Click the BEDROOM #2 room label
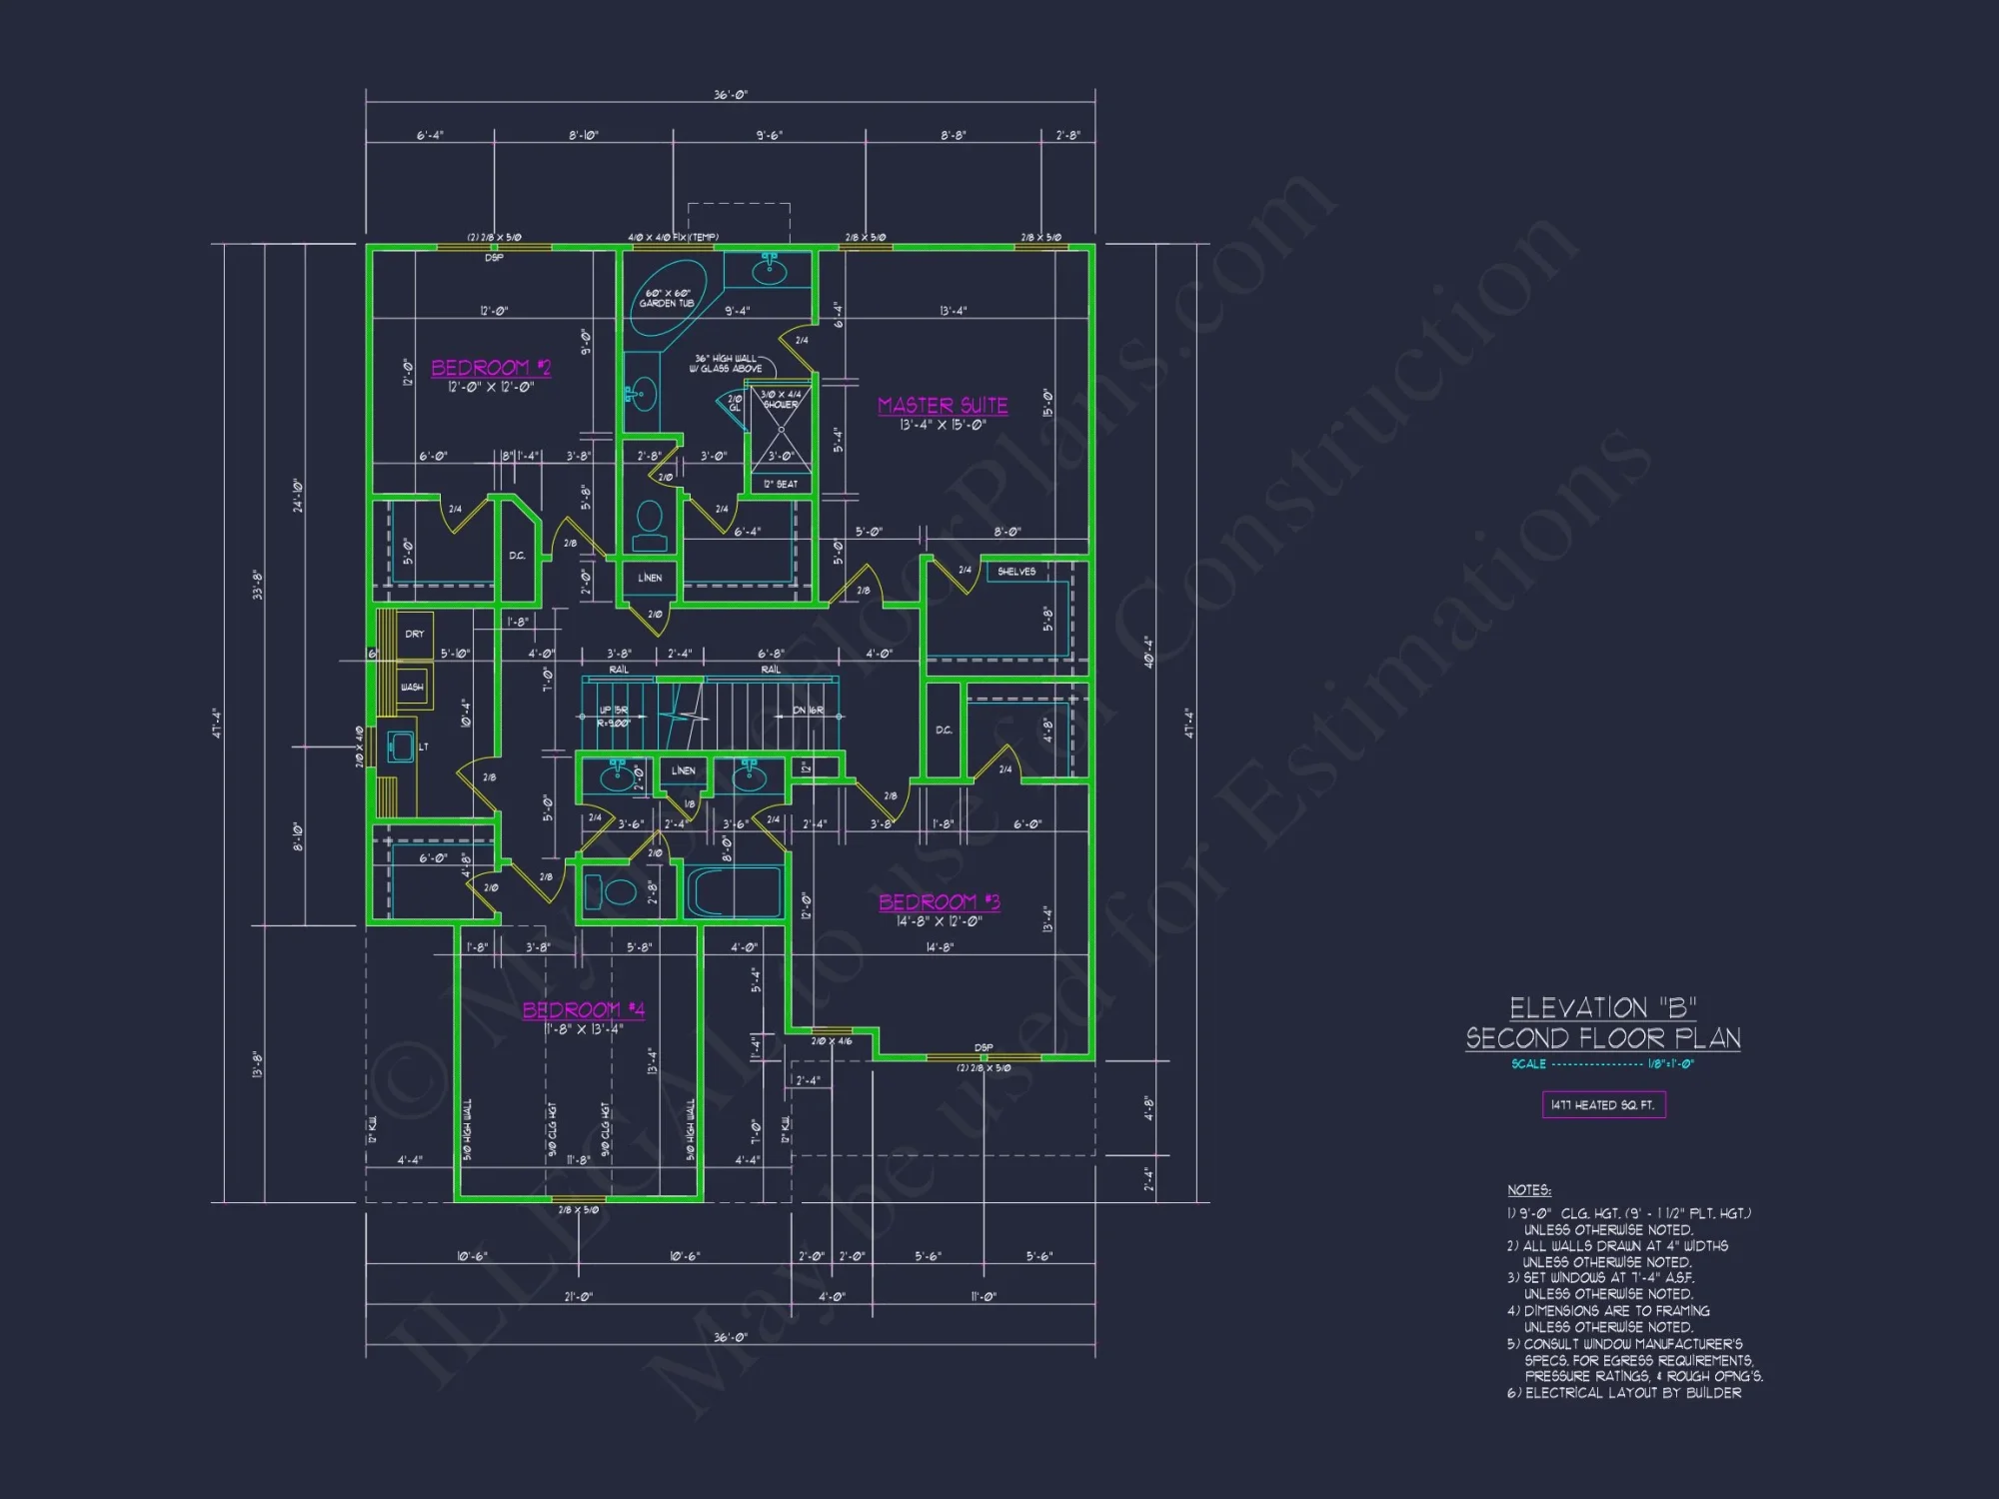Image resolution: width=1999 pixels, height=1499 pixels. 490,368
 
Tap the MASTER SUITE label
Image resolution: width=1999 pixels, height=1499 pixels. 943,405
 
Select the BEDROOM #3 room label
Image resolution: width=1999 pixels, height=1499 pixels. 939,901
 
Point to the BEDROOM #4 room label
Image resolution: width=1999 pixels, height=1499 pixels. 583,1009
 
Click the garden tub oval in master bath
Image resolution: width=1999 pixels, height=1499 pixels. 667,297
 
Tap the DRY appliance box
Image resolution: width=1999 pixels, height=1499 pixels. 415,634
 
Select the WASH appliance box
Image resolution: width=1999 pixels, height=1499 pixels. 412,687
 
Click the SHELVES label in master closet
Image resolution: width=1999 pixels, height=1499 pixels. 1016,572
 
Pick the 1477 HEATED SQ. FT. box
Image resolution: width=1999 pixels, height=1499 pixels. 1603,1104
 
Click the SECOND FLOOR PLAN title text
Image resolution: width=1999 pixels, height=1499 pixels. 1602,1038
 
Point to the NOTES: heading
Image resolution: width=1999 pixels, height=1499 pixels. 1528,1190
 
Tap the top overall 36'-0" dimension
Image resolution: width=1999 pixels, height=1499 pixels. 730,95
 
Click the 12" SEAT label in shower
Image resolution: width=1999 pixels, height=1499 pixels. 781,484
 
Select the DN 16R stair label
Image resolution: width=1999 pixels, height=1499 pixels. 808,711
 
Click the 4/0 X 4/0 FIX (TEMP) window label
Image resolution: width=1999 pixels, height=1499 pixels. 673,238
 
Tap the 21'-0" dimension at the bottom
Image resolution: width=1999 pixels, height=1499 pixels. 578,1297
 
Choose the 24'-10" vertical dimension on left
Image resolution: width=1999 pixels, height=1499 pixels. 298,495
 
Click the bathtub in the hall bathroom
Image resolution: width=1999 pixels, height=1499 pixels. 734,891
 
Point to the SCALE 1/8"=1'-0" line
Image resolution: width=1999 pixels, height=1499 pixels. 1602,1064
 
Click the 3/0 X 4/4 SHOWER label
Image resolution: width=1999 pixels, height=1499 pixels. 781,400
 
